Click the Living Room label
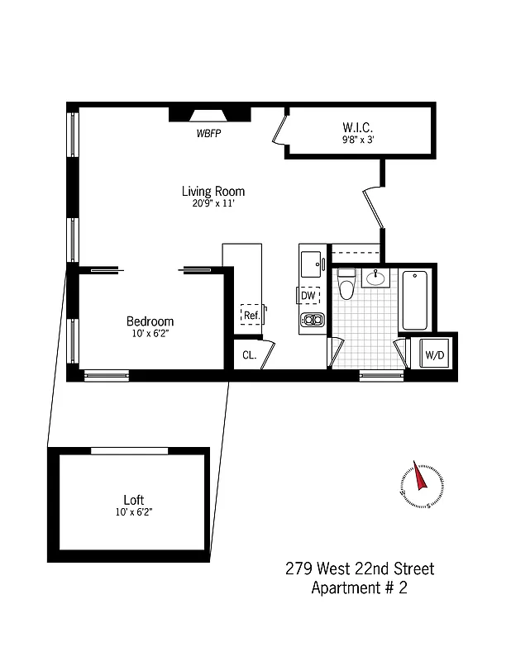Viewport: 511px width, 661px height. click(x=213, y=191)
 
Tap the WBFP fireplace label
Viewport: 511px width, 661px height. click(x=208, y=132)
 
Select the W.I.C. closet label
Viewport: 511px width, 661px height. click(x=358, y=127)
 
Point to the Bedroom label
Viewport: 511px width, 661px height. click(x=150, y=321)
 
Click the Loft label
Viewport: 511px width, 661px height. click(x=133, y=500)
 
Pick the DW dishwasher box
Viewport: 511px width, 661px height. click(x=308, y=296)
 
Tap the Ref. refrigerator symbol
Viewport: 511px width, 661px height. click(x=251, y=315)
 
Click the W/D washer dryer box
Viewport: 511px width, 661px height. click(x=434, y=355)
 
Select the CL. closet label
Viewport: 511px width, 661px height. click(x=249, y=356)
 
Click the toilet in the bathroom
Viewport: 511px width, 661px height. click(x=346, y=284)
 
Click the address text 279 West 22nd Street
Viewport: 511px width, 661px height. click(x=359, y=568)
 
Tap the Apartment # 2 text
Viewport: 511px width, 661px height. click(x=359, y=588)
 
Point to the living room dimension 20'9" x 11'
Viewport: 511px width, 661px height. click(x=213, y=204)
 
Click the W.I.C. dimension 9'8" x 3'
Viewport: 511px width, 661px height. click(x=358, y=140)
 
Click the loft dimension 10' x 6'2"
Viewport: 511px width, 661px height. click(x=133, y=512)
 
